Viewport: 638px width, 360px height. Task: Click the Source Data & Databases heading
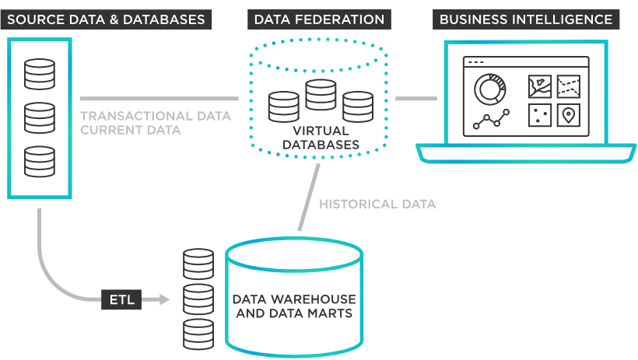(x=106, y=19)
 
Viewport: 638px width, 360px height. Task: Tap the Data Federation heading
(x=319, y=19)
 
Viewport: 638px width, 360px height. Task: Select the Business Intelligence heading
(x=526, y=19)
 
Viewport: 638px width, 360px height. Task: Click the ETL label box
(x=121, y=299)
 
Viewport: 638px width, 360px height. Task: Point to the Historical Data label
(x=377, y=204)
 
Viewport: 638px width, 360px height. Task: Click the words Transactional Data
(x=156, y=116)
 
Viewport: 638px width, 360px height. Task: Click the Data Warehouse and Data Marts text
(x=295, y=306)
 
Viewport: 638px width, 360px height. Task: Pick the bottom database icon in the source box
(x=39, y=161)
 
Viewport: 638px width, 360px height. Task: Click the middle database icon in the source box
(x=39, y=117)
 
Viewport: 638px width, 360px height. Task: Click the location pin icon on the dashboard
(x=569, y=115)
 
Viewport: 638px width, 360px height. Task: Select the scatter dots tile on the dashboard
(x=540, y=115)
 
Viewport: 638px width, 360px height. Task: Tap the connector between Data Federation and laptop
(x=415, y=99)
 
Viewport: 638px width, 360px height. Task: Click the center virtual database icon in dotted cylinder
(x=320, y=94)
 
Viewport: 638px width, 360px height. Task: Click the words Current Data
(x=131, y=130)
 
